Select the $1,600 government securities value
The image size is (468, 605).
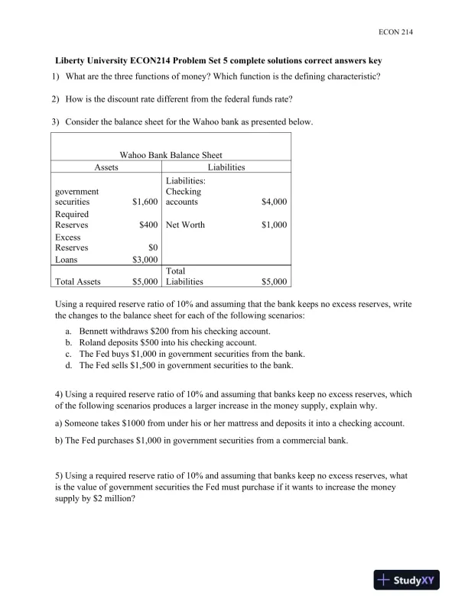(x=145, y=202)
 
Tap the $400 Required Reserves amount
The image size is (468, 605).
(x=148, y=225)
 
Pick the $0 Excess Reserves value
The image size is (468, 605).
(x=153, y=247)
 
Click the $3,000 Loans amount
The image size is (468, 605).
(x=145, y=259)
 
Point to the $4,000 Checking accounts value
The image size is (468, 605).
(x=274, y=202)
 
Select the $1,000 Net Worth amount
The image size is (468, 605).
(x=274, y=225)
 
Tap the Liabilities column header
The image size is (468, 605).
(x=226, y=167)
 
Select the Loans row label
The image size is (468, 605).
(x=67, y=259)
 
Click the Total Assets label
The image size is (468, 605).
(x=78, y=282)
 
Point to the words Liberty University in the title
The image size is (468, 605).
(x=89, y=60)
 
